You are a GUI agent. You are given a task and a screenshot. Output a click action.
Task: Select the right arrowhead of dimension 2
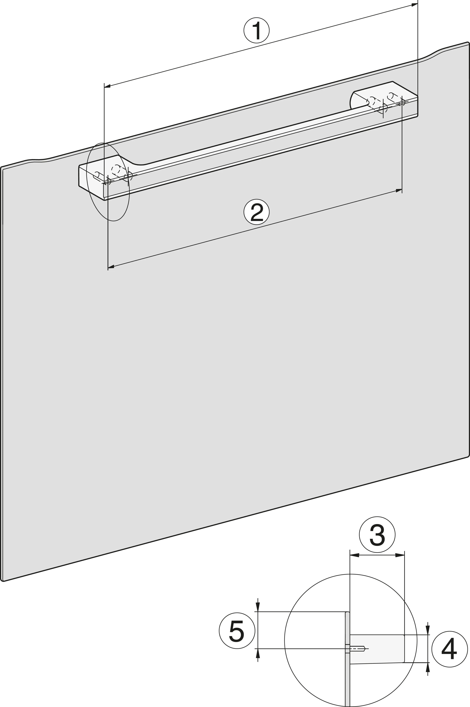pyautogui.click(x=399, y=190)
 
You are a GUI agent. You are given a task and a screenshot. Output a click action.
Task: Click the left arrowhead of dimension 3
pyautogui.click(x=354, y=555)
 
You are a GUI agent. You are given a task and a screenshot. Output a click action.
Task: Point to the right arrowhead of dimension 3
pyautogui.click(x=400, y=555)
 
